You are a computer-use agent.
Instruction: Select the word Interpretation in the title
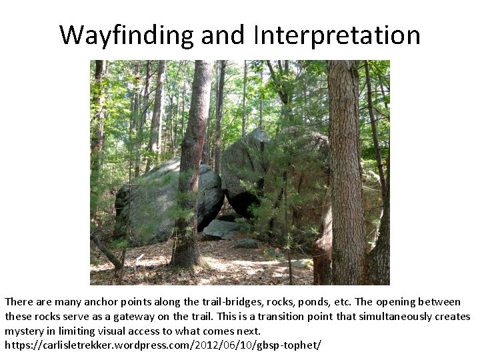tap(337, 35)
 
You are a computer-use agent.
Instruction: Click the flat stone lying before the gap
tap(220, 230)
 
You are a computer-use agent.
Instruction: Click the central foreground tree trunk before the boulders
tap(190, 167)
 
